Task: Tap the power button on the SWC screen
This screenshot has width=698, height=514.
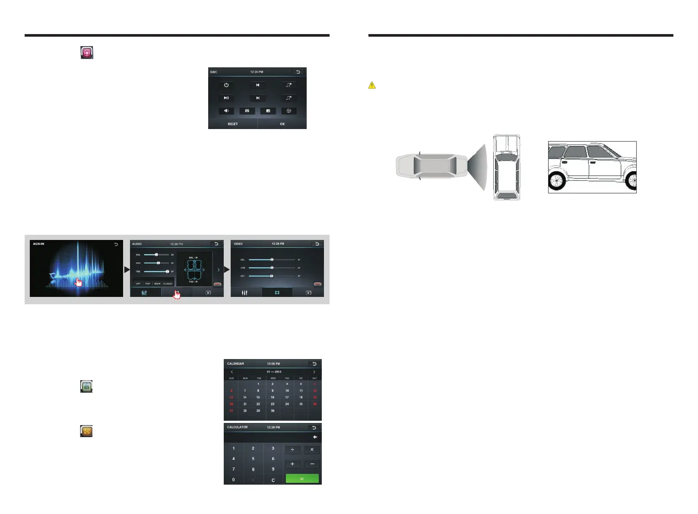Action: pos(226,85)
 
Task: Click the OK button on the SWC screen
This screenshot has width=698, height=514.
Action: pos(282,124)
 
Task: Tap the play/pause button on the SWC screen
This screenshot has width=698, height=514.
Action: pos(226,98)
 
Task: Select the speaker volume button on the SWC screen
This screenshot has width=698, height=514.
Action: pos(226,111)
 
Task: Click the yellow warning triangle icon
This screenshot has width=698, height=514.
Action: pos(372,85)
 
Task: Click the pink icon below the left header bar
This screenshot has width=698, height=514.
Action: pos(87,53)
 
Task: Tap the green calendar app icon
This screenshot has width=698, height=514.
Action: pos(86,386)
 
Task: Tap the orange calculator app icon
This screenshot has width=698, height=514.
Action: pos(86,431)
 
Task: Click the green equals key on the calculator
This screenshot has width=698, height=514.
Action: pos(302,479)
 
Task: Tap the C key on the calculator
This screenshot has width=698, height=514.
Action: pos(273,480)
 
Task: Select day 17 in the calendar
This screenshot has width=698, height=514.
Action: pos(287,397)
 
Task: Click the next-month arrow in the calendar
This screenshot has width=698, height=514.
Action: pos(314,372)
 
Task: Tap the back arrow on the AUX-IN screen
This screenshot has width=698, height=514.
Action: pos(116,244)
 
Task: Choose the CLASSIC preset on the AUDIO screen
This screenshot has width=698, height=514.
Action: pos(168,284)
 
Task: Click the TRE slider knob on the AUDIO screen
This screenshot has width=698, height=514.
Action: pos(167,271)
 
